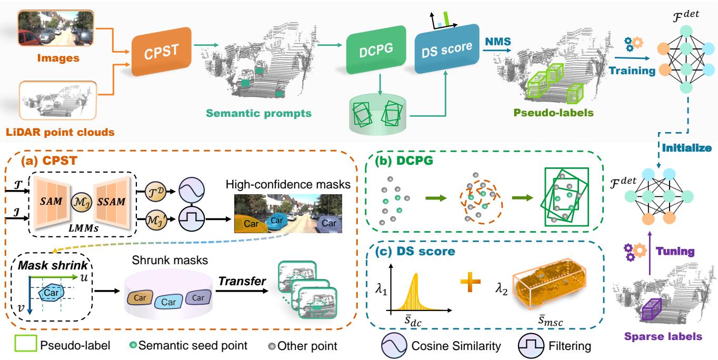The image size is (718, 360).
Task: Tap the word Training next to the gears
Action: (x=631, y=69)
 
